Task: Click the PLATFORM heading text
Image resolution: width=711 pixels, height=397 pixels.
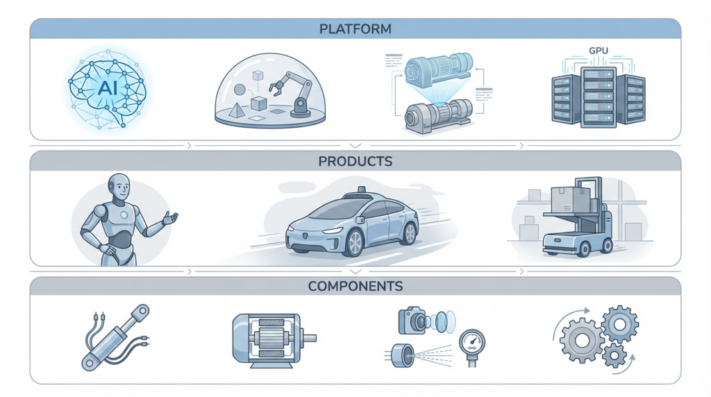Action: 355,29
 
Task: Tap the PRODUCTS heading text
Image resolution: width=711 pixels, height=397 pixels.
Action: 355,161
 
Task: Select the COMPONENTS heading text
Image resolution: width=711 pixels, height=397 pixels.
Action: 355,286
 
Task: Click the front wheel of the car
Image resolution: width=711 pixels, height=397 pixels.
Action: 355,242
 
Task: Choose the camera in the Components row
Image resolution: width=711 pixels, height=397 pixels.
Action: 412,321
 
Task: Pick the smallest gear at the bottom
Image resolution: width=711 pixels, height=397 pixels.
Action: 614,356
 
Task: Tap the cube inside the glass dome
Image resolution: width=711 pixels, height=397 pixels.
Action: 258,104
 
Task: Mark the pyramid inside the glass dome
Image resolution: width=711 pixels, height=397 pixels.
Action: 233,110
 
